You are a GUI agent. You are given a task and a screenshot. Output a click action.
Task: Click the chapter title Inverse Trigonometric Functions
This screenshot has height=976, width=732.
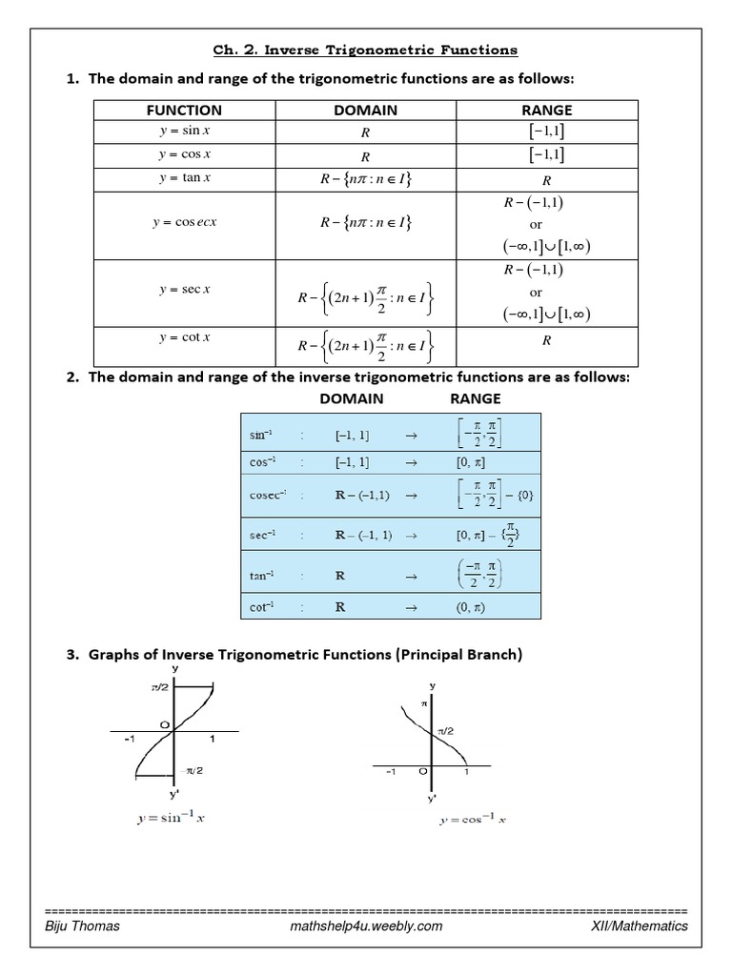click(366, 50)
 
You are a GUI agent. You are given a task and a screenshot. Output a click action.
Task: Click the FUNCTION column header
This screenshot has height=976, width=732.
click(185, 111)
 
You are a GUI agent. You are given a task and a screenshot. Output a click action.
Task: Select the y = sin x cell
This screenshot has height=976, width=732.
click(185, 131)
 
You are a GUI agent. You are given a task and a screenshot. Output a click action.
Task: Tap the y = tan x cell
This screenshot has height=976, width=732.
click(185, 178)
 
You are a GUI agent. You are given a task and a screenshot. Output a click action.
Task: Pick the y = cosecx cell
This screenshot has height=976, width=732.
click(185, 223)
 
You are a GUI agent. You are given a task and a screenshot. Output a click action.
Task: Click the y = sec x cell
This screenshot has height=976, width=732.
click(185, 290)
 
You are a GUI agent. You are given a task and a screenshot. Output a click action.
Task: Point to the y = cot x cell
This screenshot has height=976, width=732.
click(185, 337)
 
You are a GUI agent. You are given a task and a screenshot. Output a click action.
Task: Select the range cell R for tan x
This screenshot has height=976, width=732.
click(546, 179)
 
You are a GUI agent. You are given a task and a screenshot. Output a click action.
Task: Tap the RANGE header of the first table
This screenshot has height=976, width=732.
click(546, 111)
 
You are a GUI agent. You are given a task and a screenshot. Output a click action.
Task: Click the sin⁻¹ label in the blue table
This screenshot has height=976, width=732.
click(262, 435)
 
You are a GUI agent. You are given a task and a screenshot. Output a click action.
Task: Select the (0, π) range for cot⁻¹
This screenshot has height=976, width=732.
click(471, 606)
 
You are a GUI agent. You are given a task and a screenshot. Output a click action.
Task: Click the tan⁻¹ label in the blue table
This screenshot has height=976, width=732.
click(262, 576)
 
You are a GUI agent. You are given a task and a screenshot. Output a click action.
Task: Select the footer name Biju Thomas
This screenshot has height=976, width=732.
click(83, 926)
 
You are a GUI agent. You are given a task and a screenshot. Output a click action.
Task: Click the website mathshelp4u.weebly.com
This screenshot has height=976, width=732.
click(365, 926)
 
